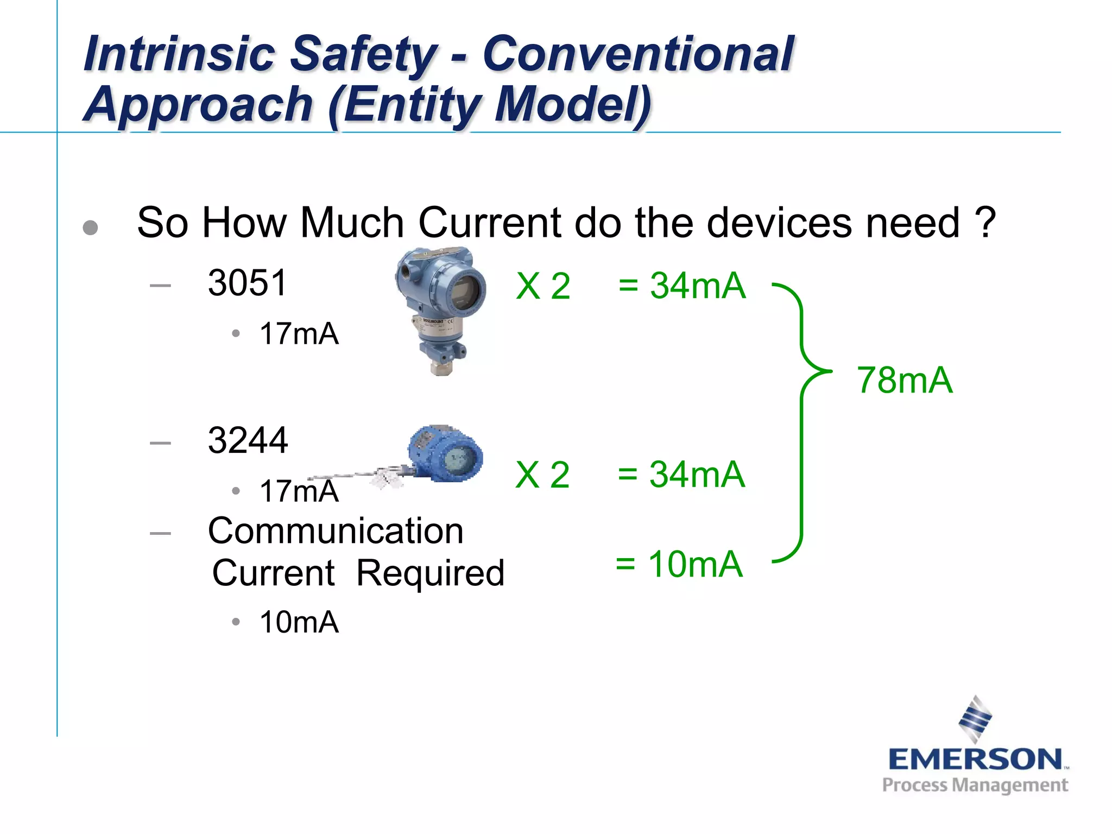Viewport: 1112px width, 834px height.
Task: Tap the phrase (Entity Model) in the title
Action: (489, 104)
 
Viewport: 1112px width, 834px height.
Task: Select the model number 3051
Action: (248, 283)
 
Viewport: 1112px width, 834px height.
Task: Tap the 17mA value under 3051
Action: (299, 333)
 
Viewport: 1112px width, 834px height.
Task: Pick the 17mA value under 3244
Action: (299, 491)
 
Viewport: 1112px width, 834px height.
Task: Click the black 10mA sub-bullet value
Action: (299, 622)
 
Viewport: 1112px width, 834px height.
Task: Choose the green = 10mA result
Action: (679, 564)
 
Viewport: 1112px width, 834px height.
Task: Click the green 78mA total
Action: (905, 380)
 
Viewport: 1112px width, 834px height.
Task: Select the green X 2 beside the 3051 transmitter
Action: (543, 286)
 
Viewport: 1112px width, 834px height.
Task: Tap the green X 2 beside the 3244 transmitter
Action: (542, 475)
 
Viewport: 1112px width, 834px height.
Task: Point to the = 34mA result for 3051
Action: (682, 286)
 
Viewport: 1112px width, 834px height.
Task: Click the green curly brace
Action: (801, 424)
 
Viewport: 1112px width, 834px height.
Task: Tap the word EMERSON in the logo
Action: (975, 760)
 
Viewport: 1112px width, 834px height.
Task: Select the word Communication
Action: (336, 530)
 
